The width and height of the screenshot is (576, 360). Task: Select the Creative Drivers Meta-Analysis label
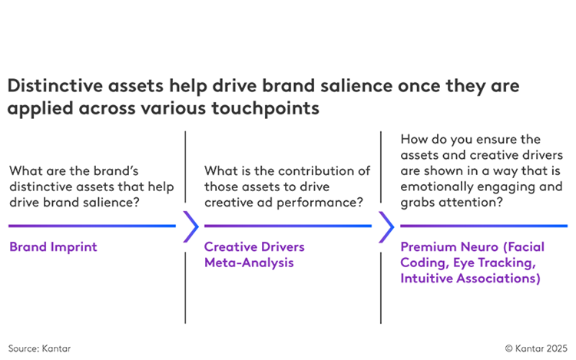pos(254,255)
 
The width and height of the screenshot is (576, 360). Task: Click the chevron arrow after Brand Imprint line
pos(191,226)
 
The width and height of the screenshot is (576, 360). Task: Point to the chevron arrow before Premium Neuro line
pos(386,226)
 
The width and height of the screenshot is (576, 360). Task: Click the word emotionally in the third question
pos(435,187)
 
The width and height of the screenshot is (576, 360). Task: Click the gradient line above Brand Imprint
pos(92,226)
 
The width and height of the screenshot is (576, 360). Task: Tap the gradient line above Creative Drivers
pos(288,226)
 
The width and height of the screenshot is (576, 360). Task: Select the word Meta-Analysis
pos(249,263)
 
